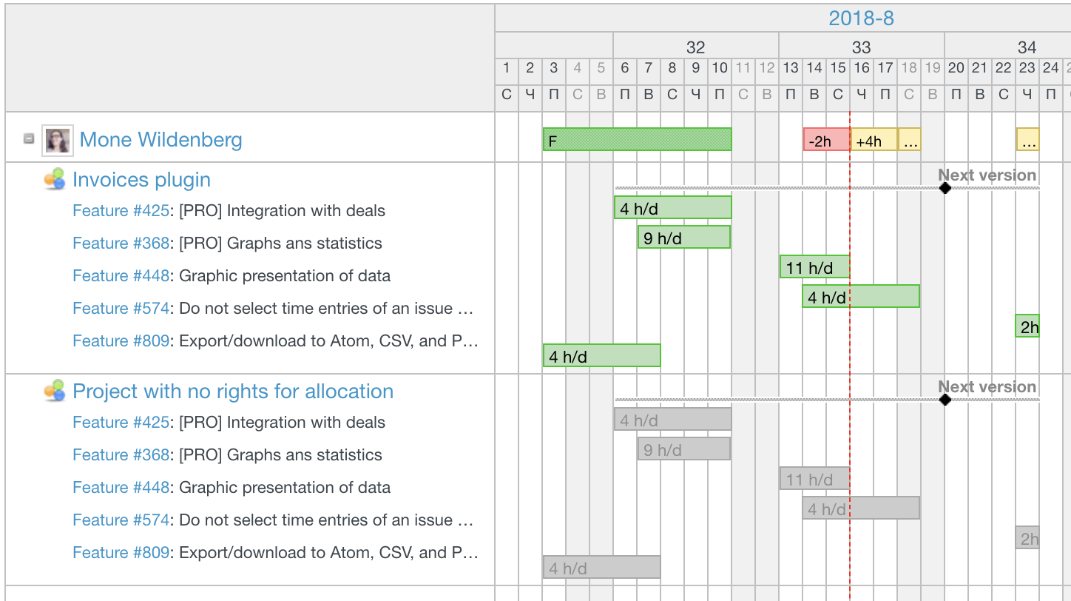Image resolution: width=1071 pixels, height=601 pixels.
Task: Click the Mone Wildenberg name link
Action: coord(161,140)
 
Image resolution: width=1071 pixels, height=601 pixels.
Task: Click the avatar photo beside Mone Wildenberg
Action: coord(58,140)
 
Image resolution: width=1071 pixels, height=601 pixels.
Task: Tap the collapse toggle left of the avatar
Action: coord(29,138)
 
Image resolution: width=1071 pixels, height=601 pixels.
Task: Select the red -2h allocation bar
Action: coord(825,140)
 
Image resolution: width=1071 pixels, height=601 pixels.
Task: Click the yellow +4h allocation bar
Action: coord(874,140)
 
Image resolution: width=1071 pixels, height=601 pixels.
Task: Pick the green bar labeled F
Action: coord(637,139)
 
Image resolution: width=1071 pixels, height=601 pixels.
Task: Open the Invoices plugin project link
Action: coord(141,180)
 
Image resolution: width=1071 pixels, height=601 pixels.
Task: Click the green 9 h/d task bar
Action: coord(683,237)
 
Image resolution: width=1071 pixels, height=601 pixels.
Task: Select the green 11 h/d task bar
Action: coord(814,266)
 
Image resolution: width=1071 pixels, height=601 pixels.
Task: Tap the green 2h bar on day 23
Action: coord(1027,326)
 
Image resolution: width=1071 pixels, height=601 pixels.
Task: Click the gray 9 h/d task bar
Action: coord(683,449)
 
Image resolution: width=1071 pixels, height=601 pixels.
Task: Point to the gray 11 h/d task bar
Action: coord(814,478)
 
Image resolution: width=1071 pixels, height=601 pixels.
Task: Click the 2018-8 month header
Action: coord(861,19)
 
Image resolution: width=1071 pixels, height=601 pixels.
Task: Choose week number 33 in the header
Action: coord(861,47)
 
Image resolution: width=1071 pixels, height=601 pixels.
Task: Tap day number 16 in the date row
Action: coord(862,68)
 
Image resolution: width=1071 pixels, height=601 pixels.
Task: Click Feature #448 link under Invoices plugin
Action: coord(121,276)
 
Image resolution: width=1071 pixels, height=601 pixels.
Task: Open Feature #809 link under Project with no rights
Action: coord(121,553)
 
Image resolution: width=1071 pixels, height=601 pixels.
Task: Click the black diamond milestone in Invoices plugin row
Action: coord(945,188)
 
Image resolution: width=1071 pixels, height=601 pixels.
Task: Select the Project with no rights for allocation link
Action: coord(232,392)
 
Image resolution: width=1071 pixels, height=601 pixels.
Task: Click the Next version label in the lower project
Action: coord(987,387)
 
